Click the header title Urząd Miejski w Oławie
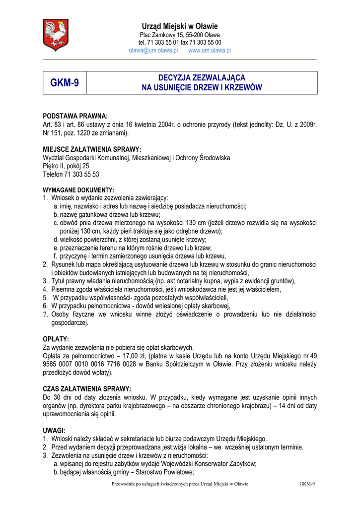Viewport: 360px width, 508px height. click(x=180, y=26)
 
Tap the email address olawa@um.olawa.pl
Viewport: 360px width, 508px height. click(x=153, y=51)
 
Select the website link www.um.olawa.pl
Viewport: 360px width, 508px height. click(x=210, y=51)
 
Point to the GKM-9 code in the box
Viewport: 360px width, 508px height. click(x=65, y=83)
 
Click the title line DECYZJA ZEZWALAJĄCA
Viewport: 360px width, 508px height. click(x=202, y=78)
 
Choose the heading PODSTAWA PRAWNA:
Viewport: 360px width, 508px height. click(x=75, y=116)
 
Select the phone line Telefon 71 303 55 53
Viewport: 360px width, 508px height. click(x=71, y=175)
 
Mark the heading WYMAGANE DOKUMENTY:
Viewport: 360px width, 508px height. click(x=79, y=190)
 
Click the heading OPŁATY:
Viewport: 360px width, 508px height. click(x=56, y=339)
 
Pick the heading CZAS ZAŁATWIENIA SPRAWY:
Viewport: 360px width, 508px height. click(x=87, y=389)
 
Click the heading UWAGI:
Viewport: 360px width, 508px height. click(x=54, y=431)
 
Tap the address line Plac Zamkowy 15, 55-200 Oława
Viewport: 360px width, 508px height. click(x=180, y=35)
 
